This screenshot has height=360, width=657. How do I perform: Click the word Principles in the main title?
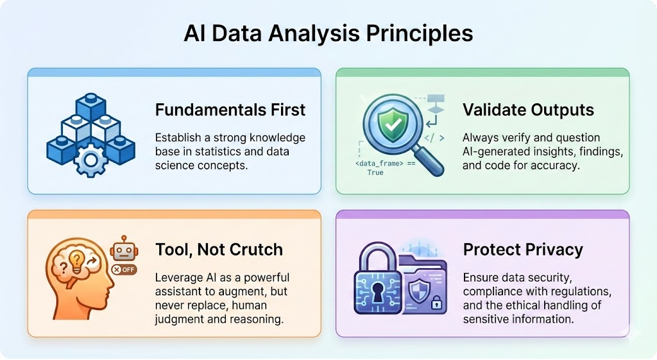(420, 34)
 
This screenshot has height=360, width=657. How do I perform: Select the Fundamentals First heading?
(230, 110)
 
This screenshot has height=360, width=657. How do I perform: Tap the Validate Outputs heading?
(528, 110)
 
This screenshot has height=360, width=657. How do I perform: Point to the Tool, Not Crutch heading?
(219, 250)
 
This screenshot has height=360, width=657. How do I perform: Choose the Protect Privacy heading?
(523, 250)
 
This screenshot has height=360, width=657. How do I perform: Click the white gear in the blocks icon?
(90, 160)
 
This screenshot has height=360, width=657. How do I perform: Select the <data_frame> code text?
(379, 164)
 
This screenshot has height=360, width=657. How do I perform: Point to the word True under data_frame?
(375, 172)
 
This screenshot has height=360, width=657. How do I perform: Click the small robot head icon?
(124, 248)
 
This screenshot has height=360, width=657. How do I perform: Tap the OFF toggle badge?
(124, 270)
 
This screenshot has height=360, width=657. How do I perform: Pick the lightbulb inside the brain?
(77, 259)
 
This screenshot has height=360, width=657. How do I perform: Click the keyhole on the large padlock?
(378, 291)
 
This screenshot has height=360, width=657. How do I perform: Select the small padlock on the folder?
(436, 303)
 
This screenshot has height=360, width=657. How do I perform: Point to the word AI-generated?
(497, 151)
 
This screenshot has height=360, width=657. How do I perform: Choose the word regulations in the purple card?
(584, 291)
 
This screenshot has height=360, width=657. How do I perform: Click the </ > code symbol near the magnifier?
(434, 138)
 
